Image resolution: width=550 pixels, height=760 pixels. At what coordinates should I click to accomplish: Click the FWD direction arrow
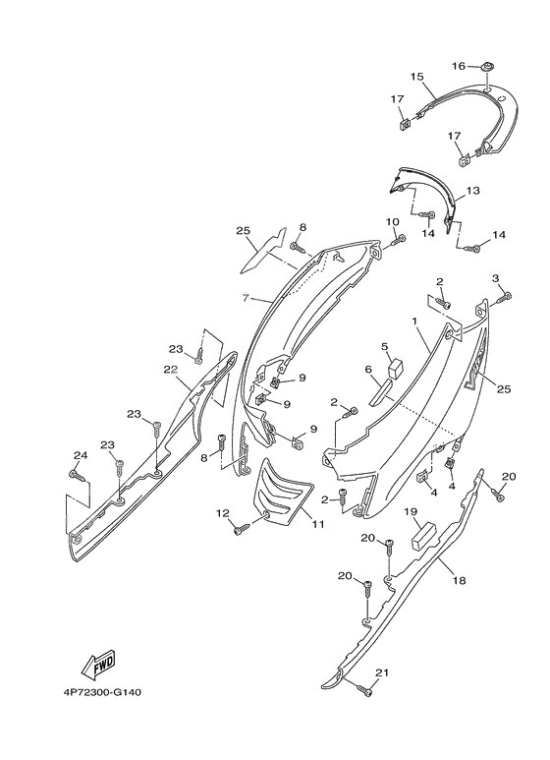pos(98,664)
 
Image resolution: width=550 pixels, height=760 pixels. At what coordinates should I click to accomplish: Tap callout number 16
pos(459,66)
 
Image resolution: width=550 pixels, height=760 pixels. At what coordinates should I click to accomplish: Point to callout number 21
pos(382,672)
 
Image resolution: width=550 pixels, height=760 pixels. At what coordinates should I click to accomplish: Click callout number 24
pos(81,454)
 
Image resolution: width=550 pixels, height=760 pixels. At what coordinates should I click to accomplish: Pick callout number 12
pos(222,513)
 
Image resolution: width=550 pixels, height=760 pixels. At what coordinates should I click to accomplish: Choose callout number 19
pos(412,511)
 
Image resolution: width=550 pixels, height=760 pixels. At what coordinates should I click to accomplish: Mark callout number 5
pos(385,346)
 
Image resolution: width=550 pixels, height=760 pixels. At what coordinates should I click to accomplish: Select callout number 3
pos(495,278)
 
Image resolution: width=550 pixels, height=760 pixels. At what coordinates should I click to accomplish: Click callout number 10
pos(392,221)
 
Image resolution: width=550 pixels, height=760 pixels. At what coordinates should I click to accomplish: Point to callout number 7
pos(246,298)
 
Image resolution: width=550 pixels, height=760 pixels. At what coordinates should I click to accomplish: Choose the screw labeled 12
pos(243,528)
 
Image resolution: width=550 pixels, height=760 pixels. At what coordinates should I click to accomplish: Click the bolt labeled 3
pos(503,298)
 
